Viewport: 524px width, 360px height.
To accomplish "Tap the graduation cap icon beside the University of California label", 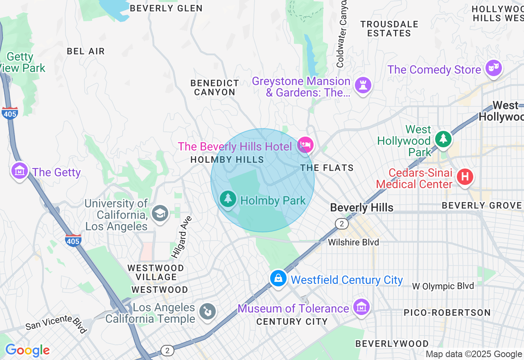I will (160, 213).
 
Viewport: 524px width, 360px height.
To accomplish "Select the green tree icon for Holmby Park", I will (228, 199).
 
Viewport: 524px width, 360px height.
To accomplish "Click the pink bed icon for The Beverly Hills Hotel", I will (305, 144).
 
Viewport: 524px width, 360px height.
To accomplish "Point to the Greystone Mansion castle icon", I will (363, 85).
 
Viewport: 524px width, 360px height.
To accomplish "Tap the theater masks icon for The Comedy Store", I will (494, 68).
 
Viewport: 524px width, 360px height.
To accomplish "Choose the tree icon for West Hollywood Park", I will (443, 139).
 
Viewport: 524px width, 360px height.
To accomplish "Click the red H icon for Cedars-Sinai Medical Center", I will (465, 177).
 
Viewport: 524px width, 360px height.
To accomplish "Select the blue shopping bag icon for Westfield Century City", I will (278, 278).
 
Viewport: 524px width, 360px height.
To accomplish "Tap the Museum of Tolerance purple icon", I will (362, 307).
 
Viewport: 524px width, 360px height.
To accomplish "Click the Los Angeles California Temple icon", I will (207, 312).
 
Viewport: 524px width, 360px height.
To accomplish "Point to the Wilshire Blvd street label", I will (353, 242).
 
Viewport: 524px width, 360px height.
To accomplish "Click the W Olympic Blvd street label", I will (443, 286).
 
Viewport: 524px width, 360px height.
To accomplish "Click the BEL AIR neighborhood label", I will (86, 51).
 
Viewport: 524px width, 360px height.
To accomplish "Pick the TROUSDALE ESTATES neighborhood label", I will (389, 29).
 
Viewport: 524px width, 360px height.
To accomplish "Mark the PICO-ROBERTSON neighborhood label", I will (447, 313).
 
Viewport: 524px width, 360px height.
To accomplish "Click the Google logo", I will (27, 351).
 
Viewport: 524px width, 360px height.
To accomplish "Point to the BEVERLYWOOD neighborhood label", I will (392, 344).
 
